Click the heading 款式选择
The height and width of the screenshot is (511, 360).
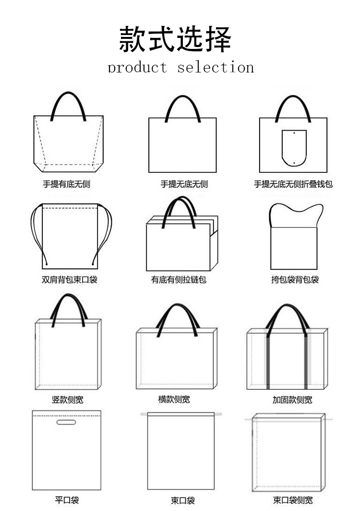point(175,39)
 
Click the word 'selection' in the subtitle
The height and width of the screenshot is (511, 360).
point(216,67)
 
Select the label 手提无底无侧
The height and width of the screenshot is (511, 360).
point(184,184)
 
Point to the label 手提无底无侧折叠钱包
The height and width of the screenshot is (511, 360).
point(293,184)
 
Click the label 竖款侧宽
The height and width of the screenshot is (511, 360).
point(67,399)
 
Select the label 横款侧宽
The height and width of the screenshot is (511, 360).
point(174,399)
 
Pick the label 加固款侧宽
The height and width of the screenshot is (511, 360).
point(292,399)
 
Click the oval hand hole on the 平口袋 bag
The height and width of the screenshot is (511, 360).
point(66,422)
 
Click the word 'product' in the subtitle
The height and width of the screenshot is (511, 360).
point(137,67)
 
